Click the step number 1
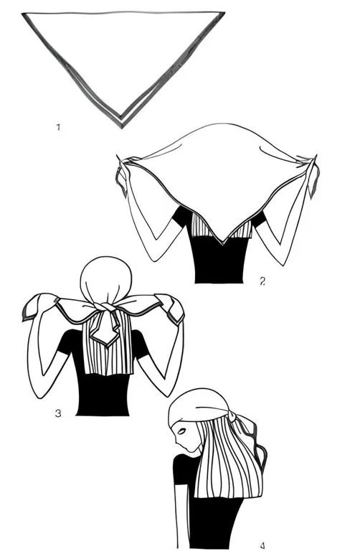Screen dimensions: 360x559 [58, 127]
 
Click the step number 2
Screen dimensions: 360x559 [262, 281]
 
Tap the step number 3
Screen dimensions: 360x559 [58, 413]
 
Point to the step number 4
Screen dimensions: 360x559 [262, 545]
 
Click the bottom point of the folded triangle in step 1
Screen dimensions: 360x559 [121, 128]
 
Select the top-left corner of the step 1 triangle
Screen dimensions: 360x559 [22, 14]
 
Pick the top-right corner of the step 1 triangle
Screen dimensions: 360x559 [224, 12]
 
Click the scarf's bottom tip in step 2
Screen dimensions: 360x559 [222, 244]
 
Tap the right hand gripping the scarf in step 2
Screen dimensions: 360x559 [312, 174]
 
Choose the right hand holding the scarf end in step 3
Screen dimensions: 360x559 [170, 306]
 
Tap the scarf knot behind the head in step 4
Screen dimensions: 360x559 [233, 415]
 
